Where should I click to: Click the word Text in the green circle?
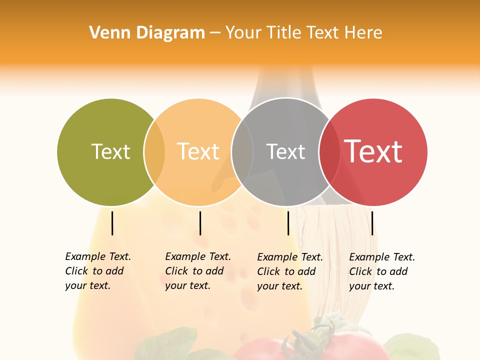(110, 151)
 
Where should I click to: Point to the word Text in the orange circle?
(198, 151)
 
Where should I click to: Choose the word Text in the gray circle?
(285, 151)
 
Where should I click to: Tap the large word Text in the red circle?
(373, 151)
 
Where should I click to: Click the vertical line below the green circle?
(112, 223)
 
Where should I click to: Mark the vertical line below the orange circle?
(200, 223)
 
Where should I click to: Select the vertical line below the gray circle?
(288, 223)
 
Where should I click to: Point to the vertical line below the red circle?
(372, 223)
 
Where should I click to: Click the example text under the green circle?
(97, 271)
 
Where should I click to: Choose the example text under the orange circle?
(197, 271)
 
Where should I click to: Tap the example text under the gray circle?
(289, 271)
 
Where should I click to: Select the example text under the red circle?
(381, 271)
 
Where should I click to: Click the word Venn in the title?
(104, 33)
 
